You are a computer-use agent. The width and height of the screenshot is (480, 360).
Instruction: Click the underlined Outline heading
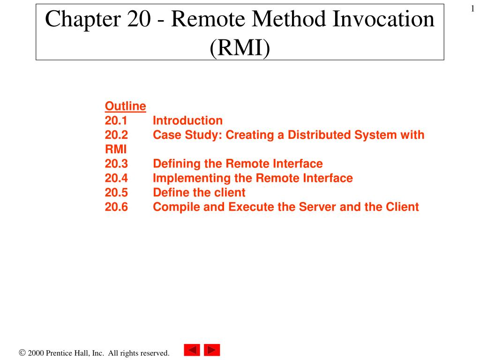click(x=125, y=106)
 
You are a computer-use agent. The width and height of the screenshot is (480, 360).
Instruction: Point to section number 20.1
click(x=116, y=121)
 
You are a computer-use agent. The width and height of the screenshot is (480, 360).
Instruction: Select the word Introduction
click(x=187, y=121)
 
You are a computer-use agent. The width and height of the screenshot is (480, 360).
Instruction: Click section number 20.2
click(x=116, y=135)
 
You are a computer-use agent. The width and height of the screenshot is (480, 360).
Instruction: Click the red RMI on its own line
click(x=116, y=150)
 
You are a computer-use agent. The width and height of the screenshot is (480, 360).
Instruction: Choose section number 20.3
click(x=116, y=164)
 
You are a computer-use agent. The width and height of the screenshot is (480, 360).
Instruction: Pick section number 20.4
click(x=116, y=179)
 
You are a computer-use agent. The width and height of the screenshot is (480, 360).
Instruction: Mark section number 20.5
click(x=116, y=193)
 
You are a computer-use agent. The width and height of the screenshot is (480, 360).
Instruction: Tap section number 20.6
click(x=116, y=207)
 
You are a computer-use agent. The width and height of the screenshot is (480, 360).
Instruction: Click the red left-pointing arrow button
click(x=192, y=350)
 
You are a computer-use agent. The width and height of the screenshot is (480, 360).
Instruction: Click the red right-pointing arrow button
click(x=212, y=350)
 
